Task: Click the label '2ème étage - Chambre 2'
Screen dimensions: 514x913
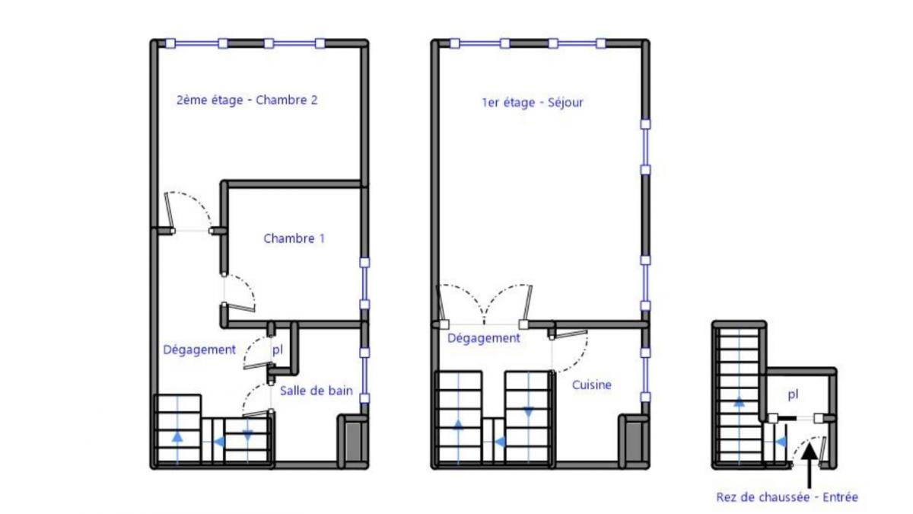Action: pyautogui.click(x=247, y=100)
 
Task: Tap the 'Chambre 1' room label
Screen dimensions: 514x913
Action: pyautogui.click(x=294, y=238)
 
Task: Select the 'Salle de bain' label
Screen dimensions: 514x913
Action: pyautogui.click(x=316, y=391)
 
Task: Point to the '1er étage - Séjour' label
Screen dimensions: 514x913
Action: pyautogui.click(x=532, y=102)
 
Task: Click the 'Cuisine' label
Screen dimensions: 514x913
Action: pyautogui.click(x=591, y=385)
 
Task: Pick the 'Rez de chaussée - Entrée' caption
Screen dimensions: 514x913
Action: pyautogui.click(x=787, y=497)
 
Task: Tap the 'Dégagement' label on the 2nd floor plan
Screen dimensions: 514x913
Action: pyautogui.click(x=199, y=350)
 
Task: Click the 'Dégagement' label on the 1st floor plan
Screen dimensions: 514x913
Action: pyautogui.click(x=483, y=338)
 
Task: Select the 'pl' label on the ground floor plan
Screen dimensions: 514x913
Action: pyautogui.click(x=793, y=394)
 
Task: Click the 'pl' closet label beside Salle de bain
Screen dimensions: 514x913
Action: pyautogui.click(x=277, y=350)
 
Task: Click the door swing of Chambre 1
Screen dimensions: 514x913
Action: pyautogui.click(x=241, y=293)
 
